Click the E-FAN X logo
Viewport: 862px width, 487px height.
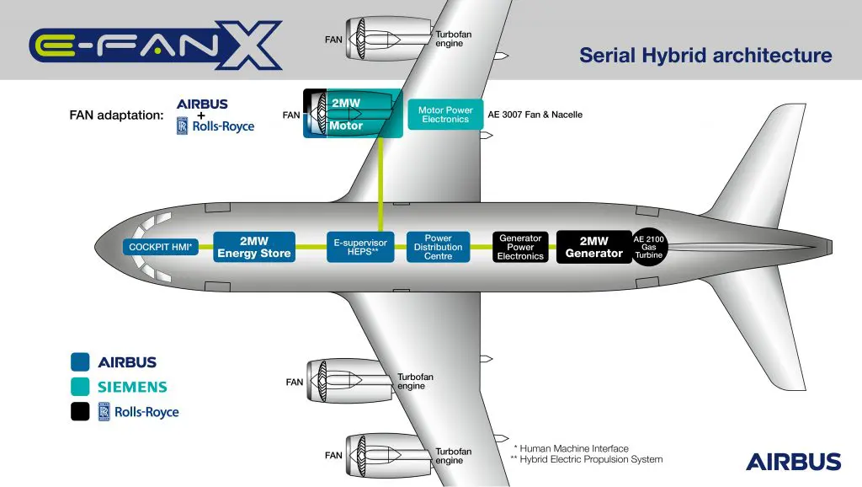pos(156,45)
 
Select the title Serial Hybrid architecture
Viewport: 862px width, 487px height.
pos(705,56)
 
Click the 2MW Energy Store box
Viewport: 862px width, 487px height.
pos(254,247)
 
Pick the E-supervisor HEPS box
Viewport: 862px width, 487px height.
pos(360,247)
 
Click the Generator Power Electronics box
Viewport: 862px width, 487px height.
pos(520,247)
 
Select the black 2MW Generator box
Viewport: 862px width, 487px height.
pos(593,247)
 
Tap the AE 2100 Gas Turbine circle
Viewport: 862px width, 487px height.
pos(649,247)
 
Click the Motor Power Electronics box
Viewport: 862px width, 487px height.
pos(445,115)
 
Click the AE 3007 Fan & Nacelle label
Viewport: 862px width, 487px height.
pos(535,115)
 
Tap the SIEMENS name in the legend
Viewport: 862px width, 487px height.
pos(132,388)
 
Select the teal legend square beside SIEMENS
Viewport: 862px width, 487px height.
pos(80,387)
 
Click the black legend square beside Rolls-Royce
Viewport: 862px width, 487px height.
pos(80,411)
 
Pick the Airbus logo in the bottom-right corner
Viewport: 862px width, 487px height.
pos(793,461)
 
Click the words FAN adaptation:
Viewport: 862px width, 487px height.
pos(116,115)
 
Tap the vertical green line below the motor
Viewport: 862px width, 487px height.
pos(380,181)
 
